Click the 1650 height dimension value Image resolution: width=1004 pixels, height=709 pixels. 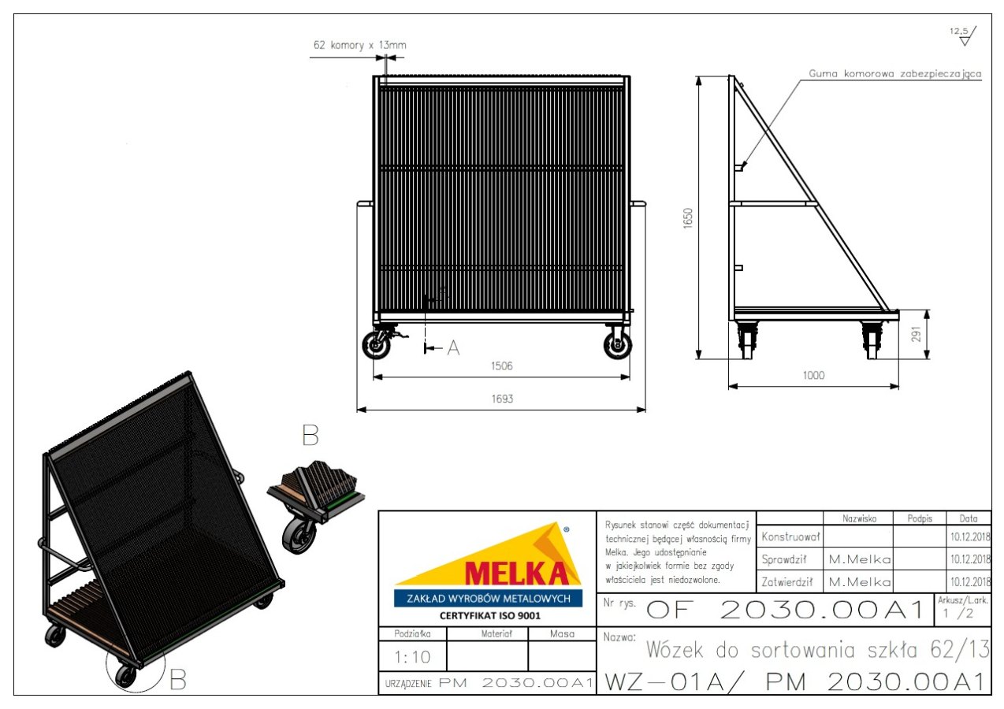pos(688,218)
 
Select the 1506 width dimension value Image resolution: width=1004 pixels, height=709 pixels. pos(501,366)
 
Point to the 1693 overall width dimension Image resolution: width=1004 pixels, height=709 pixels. pos(502,399)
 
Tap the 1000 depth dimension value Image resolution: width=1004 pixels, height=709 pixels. pos(813,375)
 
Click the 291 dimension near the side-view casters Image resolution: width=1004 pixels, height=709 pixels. pos(917,334)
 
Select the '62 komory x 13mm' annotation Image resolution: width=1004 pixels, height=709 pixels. pos(360,45)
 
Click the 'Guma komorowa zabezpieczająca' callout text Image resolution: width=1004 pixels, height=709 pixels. pos(895,73)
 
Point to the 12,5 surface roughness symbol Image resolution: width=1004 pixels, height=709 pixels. pos(963,36)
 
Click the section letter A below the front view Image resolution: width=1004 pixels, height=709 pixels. pos(454,347)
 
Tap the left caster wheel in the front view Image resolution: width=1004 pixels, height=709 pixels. pos(376,344)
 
